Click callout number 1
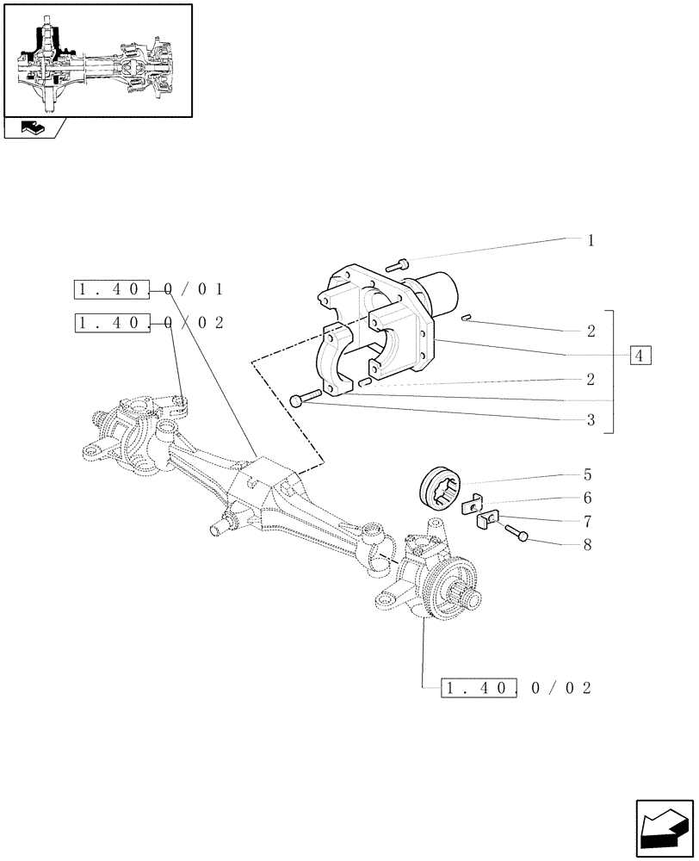pyautogui.click(x=591, y=240)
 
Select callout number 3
pyautogui.click(x=591, y=421)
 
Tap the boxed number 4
pyautogui.click(x=640, y=355)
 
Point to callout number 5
pyautogui.click(x=587, y=474)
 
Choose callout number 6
pyautogui.click(x=587, y=498)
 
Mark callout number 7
pyautogui.click(x=587, y=521)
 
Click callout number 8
pyautogui.click(x=587, y=544)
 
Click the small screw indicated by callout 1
pyautogui.click(x=401, y=263)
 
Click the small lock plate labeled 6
pyautogui.click(x=472, y=505)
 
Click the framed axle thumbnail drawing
pyautogui.click(x=97, y=60)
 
